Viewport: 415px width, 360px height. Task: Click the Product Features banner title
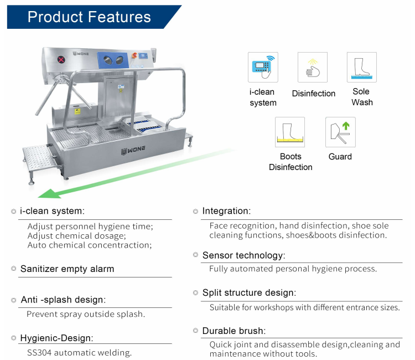tap(89, 17)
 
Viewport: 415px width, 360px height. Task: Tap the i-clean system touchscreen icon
tap(263, 67)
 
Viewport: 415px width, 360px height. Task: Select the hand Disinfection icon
tap(313, 67)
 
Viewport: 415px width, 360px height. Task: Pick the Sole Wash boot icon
tap(362, 67)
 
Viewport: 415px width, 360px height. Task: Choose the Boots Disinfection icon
tap(290, 132)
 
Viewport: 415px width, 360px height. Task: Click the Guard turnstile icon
tap(340, 132)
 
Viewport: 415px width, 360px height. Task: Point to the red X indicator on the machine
tap(61, 60)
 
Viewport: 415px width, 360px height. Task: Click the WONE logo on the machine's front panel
tap(133, 150)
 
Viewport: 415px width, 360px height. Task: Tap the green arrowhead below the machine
tap(50, 194)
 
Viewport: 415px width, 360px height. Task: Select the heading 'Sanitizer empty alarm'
tap(67, 269)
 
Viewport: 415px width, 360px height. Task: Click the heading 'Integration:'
tap(226, 211)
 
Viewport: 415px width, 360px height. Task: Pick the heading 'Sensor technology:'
tap(244, 255)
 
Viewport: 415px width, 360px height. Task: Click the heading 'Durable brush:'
tap(234, 331)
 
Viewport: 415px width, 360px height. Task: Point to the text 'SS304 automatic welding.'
tap(79, 353)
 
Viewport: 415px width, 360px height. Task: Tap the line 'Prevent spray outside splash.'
tap(86, 314)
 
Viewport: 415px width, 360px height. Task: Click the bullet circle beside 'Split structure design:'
tap(195, 293)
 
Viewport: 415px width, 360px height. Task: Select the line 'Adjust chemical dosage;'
tap(77, 236)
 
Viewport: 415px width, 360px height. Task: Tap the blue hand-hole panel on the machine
tap(113, 60)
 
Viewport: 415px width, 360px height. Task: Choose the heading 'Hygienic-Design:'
tap(56, 338)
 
